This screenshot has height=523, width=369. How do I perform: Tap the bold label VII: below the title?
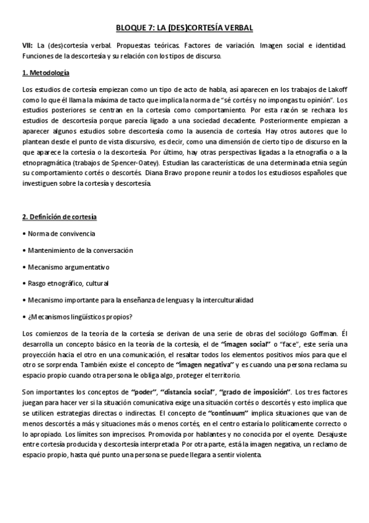point(26,46)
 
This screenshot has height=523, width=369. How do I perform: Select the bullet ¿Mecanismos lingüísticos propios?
point(78,317)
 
